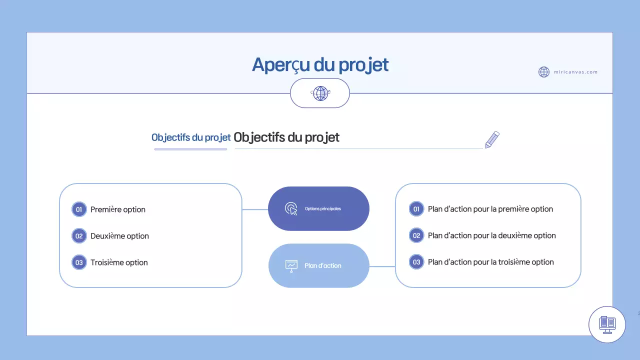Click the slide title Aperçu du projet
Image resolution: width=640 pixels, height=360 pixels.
[x=320, y=65]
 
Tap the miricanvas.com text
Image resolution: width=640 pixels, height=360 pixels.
[x=575, y=72]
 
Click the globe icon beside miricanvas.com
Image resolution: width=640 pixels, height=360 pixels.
[x=544, y=72]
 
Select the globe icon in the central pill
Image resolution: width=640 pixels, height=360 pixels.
[x=320, y=93]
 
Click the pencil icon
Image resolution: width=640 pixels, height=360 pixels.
[x=492, y=139]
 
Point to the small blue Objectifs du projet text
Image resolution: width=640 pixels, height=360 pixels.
[x=191, y=137]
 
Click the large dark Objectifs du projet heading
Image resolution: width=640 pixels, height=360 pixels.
[x=286, y=137]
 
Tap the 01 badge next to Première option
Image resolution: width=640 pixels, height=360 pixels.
[x=79, y=209]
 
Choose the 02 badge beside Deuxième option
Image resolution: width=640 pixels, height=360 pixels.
[x=79, y=236]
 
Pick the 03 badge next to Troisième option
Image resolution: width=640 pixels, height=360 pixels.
[x=79, y=262]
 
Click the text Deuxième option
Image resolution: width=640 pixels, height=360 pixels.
[x=119, y=236]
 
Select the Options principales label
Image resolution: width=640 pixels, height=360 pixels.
[x=323, y=208]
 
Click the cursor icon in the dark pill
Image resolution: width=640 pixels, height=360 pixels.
[x=291, y=208]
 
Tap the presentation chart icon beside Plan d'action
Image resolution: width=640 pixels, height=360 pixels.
[x=291, y=265]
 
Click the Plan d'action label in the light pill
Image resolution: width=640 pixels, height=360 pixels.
[x=323, y=265]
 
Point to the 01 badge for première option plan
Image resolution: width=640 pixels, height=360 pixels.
[x=416, y=209]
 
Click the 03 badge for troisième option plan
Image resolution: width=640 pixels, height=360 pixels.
[x=416, y=262]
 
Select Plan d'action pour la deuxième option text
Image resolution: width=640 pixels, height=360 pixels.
[x=491, y=235]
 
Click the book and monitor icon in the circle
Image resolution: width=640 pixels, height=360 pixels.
[x=607, y=324]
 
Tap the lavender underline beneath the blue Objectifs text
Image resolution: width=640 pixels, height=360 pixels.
[x=190, y=149]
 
